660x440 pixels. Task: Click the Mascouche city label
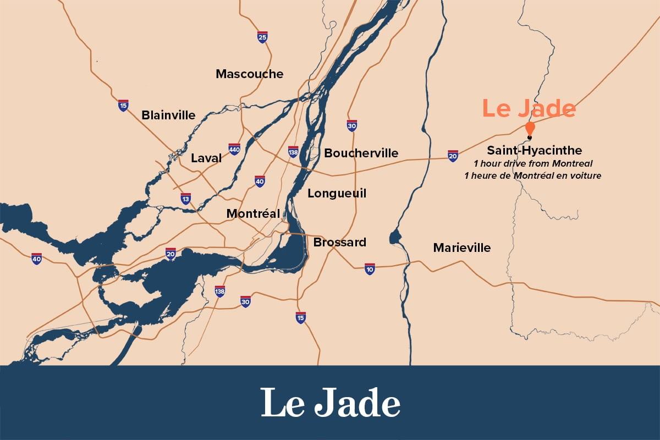point(249,74)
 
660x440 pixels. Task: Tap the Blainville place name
point(168,115)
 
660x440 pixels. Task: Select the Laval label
point(206,158)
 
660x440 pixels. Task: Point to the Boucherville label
point(361,153)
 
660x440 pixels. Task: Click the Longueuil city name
point(337,193)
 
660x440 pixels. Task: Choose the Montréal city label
point(253,213)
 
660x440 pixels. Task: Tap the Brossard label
point(339,242)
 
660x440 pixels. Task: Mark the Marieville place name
point(461,248)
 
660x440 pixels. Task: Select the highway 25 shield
point(262,37)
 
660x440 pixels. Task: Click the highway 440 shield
point(234,149)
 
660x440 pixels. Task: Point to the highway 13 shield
point(186,199)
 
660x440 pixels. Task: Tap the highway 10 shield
point(370,269)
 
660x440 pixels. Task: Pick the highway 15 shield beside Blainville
point(123,106)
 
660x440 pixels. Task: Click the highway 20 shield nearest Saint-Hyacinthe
point(453,156)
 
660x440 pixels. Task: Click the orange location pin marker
point(530,129)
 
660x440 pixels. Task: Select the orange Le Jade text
point(529,108)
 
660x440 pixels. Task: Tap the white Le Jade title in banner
point(330,403)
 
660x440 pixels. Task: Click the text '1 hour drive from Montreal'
point(532,163)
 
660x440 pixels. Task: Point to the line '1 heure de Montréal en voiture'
point(532,175)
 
